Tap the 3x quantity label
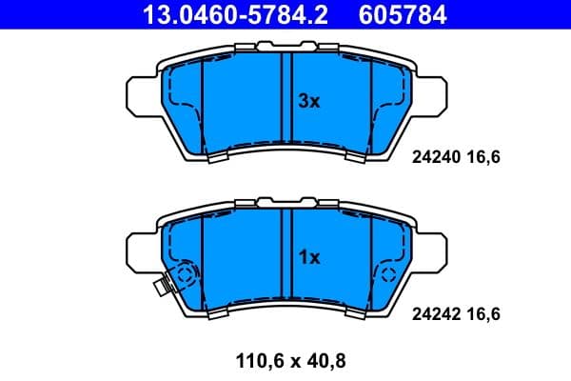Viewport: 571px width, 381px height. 309,100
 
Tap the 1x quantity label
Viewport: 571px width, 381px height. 309,256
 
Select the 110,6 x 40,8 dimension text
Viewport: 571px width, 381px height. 285,361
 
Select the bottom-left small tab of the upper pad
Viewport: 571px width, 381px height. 216,159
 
